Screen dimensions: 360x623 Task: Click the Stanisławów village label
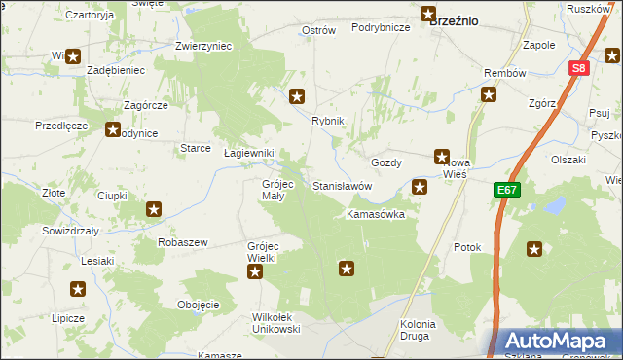342,185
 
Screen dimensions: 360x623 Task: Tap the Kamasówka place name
376,214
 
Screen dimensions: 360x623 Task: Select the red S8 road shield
579,68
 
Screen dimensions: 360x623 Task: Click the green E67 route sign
506,190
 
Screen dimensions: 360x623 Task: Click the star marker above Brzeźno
428,14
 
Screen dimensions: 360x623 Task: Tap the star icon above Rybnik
298,96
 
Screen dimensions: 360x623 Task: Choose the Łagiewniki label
249,154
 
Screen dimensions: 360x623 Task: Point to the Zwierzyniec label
202,46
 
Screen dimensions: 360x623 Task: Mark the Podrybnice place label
380,28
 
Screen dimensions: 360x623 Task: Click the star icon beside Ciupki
154,209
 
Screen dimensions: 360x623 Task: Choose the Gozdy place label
387,163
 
